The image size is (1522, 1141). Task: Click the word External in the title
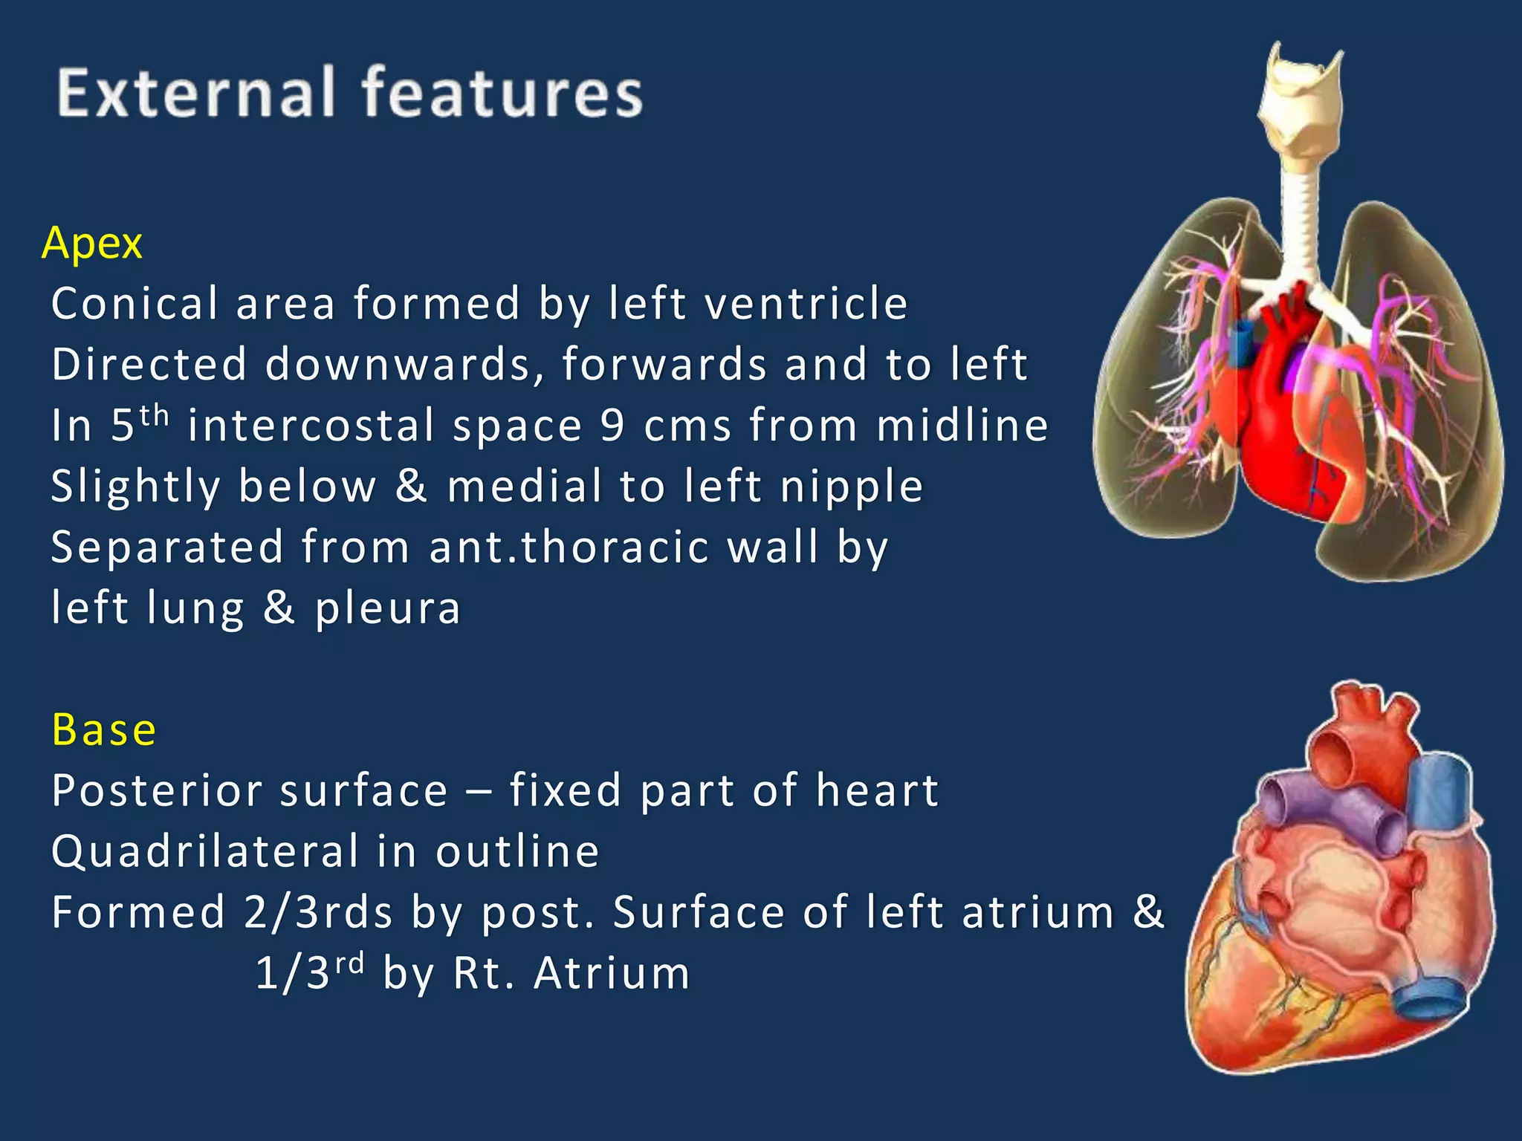tap(195, 94)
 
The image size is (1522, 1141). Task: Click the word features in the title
tap(502, 94)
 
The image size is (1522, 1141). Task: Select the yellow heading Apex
tap(92, 244)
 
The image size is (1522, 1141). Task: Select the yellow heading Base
tap(104, 729)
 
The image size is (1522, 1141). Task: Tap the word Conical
tap(135, 304)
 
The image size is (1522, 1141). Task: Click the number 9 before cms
tap(612, 426)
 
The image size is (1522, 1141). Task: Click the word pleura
tap(387, 609)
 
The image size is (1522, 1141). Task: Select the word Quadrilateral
tap(205, 851)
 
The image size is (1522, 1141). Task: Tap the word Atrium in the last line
tap(612, 973)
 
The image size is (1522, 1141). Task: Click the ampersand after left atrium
tap(1148, 912)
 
